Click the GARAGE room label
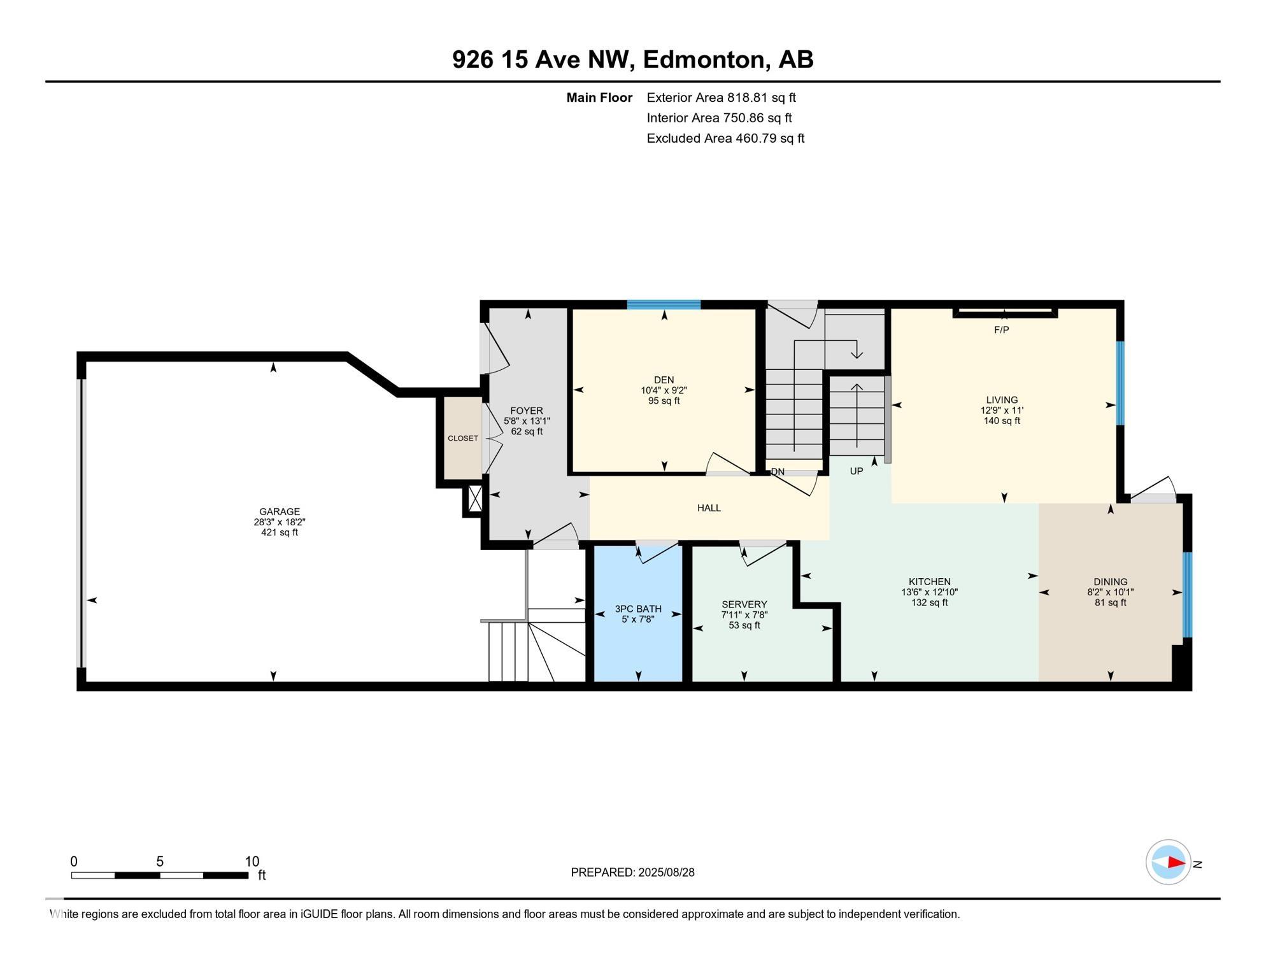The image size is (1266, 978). tap(280, 511)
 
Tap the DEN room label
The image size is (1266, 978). tap(664, 380)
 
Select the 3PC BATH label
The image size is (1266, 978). tap(638, 609)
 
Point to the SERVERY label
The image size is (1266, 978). tap(744, 604)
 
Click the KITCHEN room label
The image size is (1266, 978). tap(930, 581)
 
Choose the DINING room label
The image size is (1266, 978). tap(1111, 581)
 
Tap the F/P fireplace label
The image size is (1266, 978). tap(1002, 330)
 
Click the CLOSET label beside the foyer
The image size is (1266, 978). tap(463, 438)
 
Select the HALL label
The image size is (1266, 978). tap(709, 508)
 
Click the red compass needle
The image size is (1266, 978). tap(1176, 862)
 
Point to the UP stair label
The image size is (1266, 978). tap(857, 471)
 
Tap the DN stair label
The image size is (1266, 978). tap(778, 472)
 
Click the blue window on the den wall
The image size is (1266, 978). tap(664, 304)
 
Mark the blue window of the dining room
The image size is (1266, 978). tap(1187, 595)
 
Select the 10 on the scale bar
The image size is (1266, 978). tap(252, 861)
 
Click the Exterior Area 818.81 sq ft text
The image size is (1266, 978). tap(721, 97)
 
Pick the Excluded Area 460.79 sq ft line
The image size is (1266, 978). tap(725, 138)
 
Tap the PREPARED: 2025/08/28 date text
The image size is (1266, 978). tap(632, 872)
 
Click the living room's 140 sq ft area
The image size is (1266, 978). tap(1002, 421)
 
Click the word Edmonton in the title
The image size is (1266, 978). tap(703, 60)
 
